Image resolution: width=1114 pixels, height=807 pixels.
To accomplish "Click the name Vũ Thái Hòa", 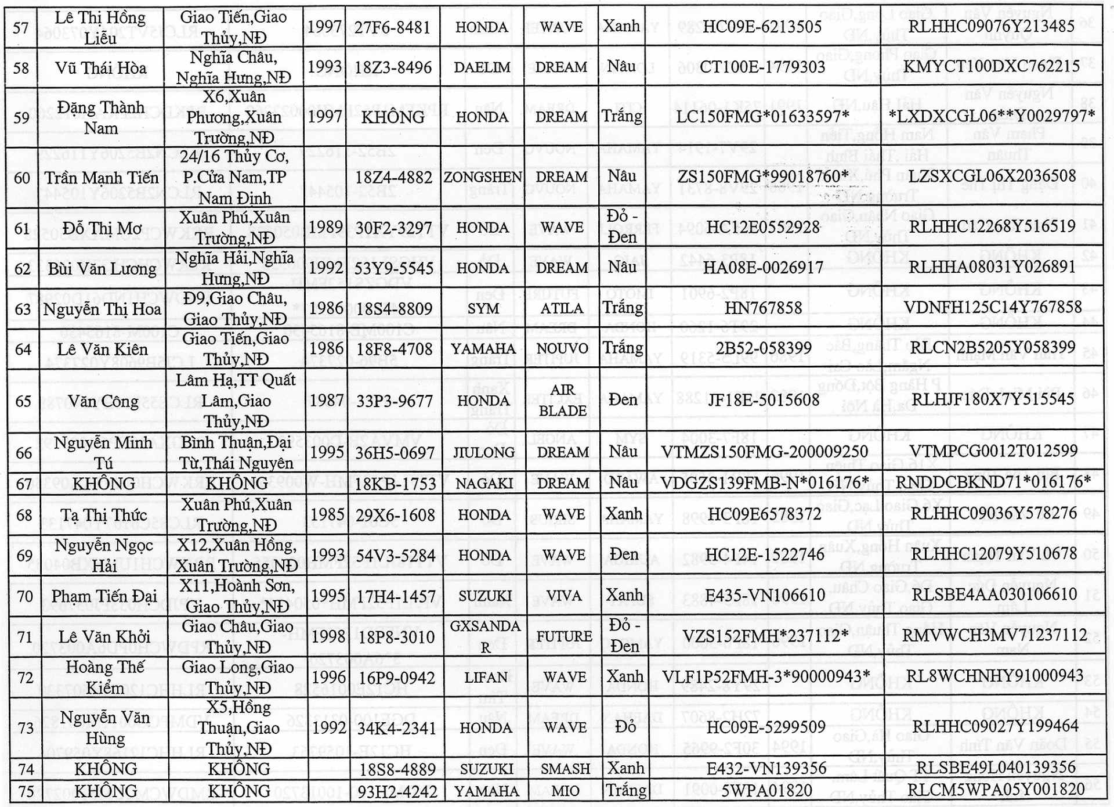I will (x=101, y=68).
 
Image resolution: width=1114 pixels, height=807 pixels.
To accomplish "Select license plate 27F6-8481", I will (x=393, y=27).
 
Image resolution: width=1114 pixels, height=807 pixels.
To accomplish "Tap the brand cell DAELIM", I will (x=482, y=67).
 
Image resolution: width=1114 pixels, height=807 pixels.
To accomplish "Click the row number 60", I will (x=22, y=178).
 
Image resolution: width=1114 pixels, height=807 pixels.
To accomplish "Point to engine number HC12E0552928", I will (x=763, y=227).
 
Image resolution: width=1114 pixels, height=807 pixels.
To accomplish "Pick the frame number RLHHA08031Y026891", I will (x=992, y=267).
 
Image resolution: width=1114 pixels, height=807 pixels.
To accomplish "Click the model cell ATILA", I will (x=562, y=308).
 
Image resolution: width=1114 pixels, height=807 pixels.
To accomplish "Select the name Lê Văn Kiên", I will (x=102, y=350).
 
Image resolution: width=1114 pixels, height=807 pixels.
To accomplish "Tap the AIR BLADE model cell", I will (x=562, y=400).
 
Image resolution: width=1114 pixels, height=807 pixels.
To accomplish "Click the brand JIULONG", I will (x=483, y=452).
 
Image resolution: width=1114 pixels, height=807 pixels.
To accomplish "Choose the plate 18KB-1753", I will (x=395, y=484).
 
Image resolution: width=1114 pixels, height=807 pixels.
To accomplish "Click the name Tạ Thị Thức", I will (x=104, y=515).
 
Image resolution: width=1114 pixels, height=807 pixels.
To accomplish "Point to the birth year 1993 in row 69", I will (x=327, y=556).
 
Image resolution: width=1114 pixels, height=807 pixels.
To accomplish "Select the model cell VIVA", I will (x=564, y=596).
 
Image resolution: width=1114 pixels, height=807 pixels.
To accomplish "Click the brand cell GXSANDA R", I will (x=485, y=636).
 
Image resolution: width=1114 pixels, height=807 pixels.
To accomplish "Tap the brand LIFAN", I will (x=486, y=678).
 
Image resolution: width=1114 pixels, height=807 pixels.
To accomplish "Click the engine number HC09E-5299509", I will (x=766, y=727).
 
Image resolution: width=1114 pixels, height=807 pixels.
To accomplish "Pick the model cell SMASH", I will (x=565, y=769).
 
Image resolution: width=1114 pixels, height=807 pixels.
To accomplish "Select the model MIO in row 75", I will (x=565, y=791).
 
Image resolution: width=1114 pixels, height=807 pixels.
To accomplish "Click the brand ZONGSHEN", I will (x=483, y=177).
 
